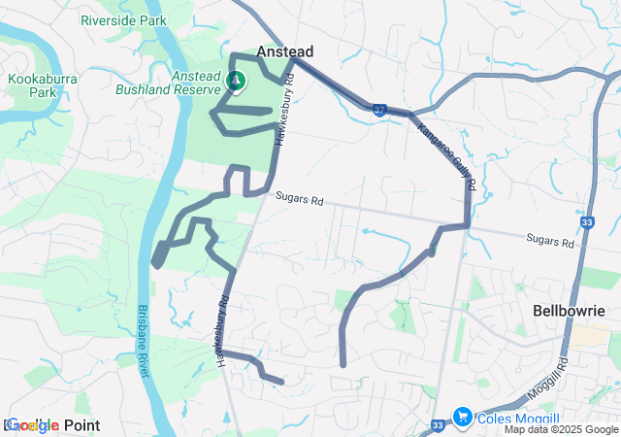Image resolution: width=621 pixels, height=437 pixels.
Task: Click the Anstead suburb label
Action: pos(284,50)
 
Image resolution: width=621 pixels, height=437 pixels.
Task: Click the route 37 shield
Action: pos(379,111)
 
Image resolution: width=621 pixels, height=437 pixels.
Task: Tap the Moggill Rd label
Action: pos(561,374)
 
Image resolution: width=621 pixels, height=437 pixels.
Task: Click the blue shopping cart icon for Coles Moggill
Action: pos(462,416)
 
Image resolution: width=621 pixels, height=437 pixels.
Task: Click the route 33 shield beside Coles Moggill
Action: pos(439,425)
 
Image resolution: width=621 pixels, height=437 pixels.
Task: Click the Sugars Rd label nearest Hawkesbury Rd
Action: pos(298,200)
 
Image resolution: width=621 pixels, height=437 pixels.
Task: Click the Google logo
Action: pos(31,425)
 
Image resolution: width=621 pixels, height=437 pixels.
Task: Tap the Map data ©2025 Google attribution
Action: pos(561,429)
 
